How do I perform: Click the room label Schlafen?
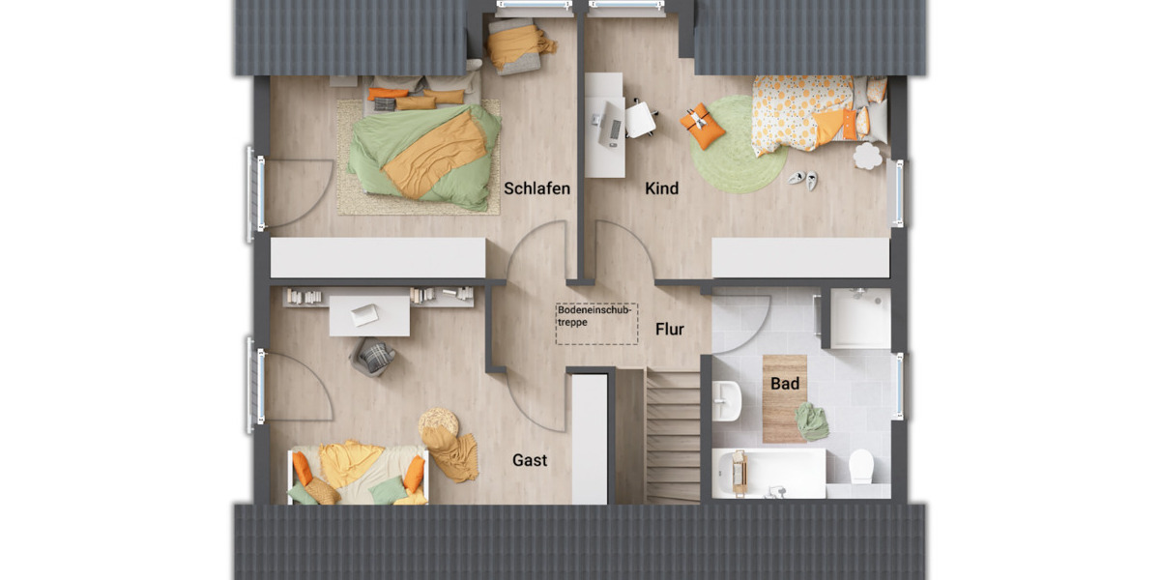click(536, 188)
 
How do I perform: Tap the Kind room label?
click(662, 188)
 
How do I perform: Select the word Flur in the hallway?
click(670, 330)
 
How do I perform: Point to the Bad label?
click(785, 384)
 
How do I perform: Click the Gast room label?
click(530, 460)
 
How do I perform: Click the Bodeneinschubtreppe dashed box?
click(596, 324)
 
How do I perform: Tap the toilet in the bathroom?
click(861, 466)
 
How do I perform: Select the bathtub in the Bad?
click(769, 473)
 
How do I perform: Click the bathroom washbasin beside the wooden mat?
click(727, 399)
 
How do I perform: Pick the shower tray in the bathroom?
click(860, 318)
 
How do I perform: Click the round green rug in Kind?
click(739, 144)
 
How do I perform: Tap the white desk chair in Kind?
click(640, 120)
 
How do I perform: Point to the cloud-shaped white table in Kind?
click(867, 157)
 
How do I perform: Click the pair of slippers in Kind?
click(802, 179)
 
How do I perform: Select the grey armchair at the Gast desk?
click(373, 357)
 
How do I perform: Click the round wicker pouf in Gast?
click(439, 423)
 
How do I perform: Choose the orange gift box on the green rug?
click(703, 127)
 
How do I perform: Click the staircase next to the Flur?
click(672, 435)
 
